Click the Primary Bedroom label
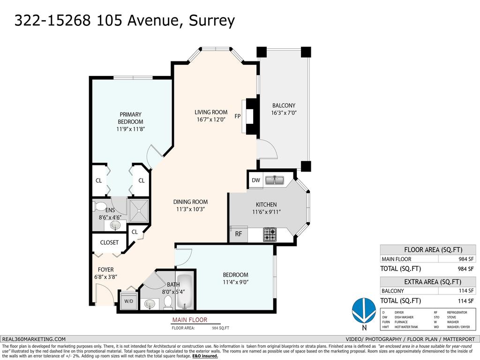(130, 118)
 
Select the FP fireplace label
(238, 116)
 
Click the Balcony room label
(284, 105)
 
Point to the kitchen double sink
(275, 180)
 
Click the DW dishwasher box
(255, 180)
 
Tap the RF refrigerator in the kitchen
(238, 234)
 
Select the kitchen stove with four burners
(270, 234)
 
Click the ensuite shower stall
(139, 210)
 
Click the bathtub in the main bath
(185, 291)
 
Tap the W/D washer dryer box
(127, 300)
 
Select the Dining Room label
(190, 202)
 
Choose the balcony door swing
(268, 150)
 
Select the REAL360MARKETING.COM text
(34, 339)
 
